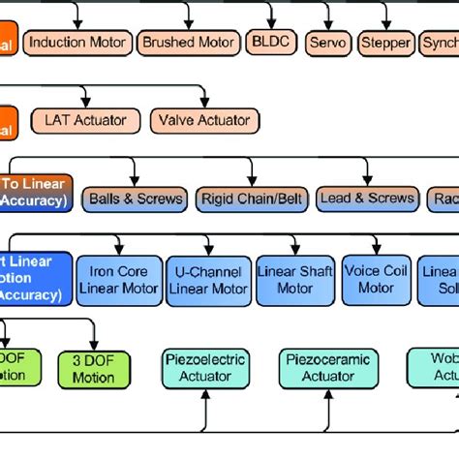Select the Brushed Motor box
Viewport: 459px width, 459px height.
(188, 43)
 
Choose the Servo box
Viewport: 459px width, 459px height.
(326, 44)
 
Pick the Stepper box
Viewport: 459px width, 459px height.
(384, 44)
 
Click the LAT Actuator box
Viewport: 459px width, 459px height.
(84, 120)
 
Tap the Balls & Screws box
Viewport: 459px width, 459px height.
(136, 199)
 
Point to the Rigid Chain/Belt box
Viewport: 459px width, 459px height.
(251, 199)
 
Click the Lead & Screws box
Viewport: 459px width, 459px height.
(366, 198)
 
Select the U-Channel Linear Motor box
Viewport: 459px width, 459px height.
(207, 279)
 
